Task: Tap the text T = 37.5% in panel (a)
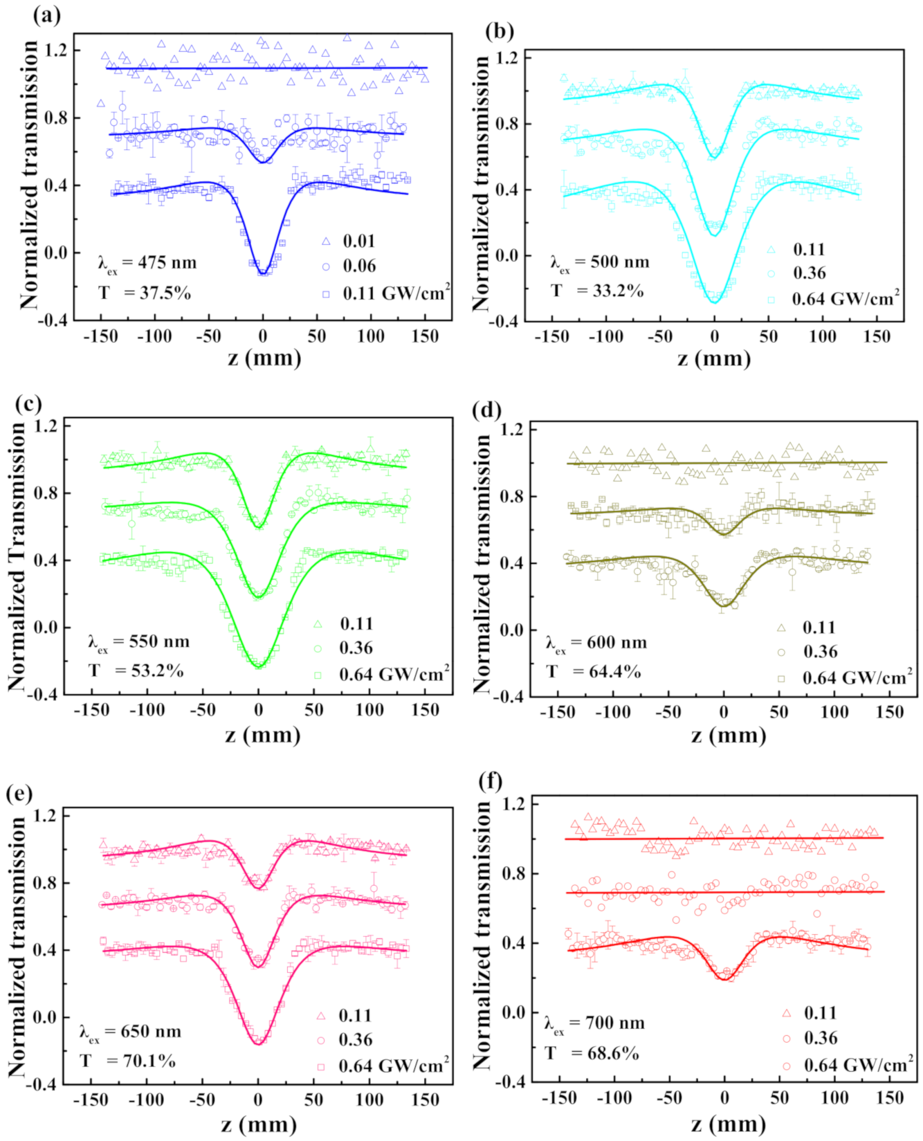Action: (144, 293)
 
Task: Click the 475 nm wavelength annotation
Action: (147, 264)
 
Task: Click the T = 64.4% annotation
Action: (593, 671)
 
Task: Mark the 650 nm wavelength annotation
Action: (130, 1032)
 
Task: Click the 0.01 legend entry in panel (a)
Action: (359, 241)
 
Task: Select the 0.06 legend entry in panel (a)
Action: (359, 266)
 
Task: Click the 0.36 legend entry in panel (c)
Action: (356, 648)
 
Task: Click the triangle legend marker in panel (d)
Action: (780, 628)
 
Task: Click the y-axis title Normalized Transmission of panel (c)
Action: (18, 557)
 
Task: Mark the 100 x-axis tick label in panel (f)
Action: (835, 1098)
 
